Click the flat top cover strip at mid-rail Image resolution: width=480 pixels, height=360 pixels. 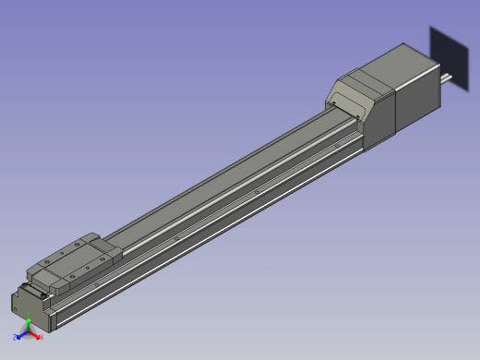click(x=231, y=180)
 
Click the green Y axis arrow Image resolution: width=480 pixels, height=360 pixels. click(x=29, y=323)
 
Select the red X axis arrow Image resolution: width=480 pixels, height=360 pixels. click(x=35, y=335)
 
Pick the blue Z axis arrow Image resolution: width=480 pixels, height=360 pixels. click(x=21, y=336)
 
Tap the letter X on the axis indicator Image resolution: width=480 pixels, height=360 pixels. click(x=42, y=337)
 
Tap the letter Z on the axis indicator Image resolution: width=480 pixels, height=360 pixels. click(x=15, y=338)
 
